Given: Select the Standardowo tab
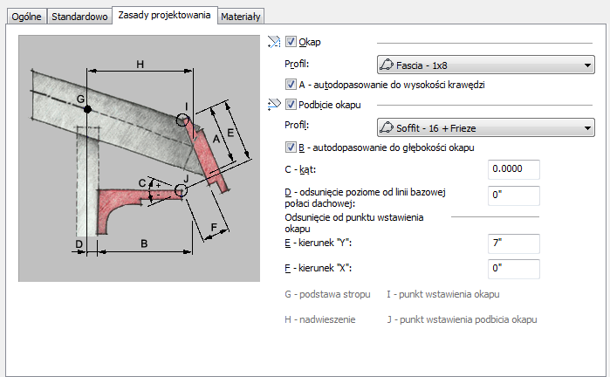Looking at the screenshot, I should [x=79, y=17].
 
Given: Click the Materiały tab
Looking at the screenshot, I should [x=241, y=17].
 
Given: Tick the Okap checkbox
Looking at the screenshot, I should [x=291, y=41].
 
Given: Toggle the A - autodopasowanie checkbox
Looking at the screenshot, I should [x=291, y=85].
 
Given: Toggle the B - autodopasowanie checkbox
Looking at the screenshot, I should [x=291, y=147].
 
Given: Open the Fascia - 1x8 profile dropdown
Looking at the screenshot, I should [x=484, y=64].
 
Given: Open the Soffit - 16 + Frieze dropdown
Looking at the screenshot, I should [x=484, y=128].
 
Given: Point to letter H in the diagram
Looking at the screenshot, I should [x=139, y=63].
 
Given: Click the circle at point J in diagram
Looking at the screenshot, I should [x=181, y=188].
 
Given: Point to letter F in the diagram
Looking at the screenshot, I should [x=214, y=230].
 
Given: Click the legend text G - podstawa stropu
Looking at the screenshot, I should [x=327, y=295].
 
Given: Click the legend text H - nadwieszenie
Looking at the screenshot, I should [x=320, y=319].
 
